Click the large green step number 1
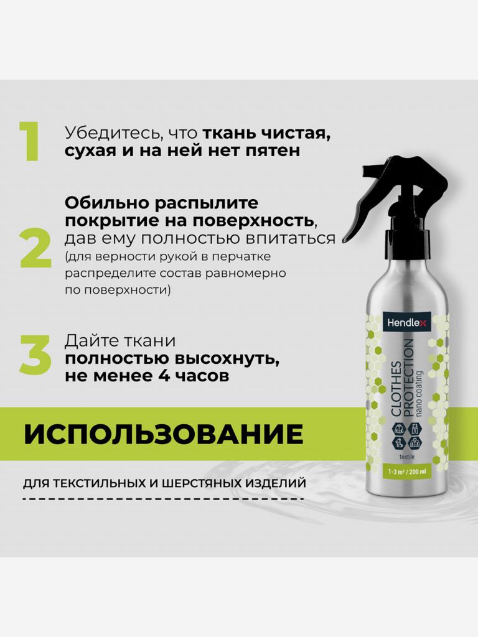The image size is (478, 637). [30, 141]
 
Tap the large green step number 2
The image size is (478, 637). [35, 248]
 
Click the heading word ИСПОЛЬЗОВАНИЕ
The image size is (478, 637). [164, 434]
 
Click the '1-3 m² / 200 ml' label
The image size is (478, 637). [407, 472]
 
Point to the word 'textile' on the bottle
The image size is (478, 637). [407, 457]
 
